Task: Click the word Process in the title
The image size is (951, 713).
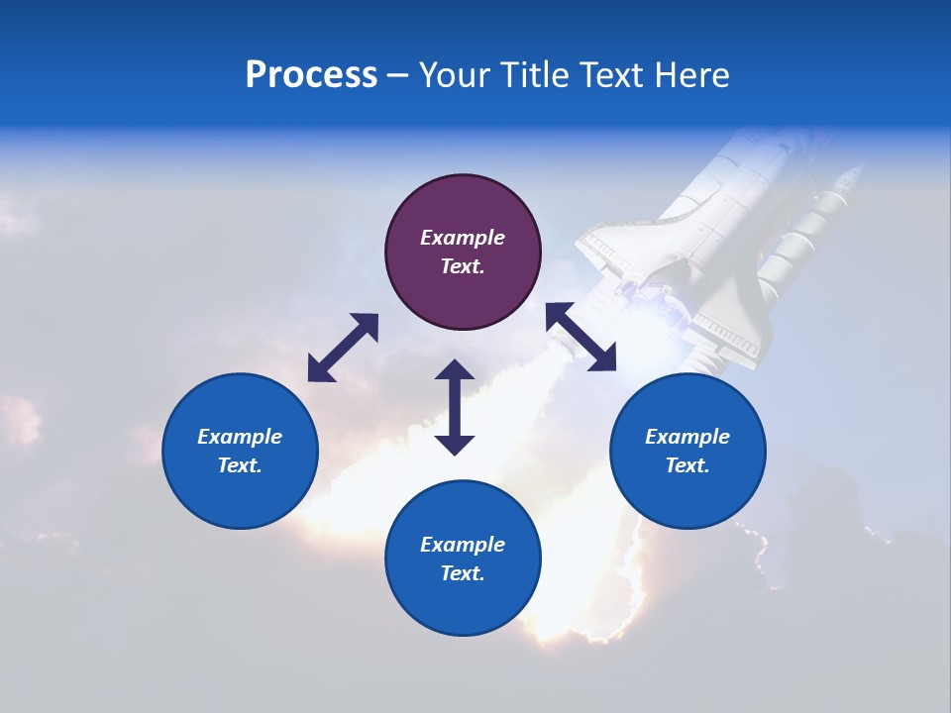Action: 311,75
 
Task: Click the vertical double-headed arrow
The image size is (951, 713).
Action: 455,407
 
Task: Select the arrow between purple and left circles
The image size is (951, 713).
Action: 343,348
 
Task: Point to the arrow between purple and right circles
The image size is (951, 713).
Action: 581,338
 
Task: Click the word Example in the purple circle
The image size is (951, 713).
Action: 463,238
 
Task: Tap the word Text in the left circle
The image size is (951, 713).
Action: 240,465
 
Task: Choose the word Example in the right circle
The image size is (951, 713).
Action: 687,437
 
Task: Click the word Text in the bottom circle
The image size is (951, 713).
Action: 463,573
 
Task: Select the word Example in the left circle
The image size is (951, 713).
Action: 240,437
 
